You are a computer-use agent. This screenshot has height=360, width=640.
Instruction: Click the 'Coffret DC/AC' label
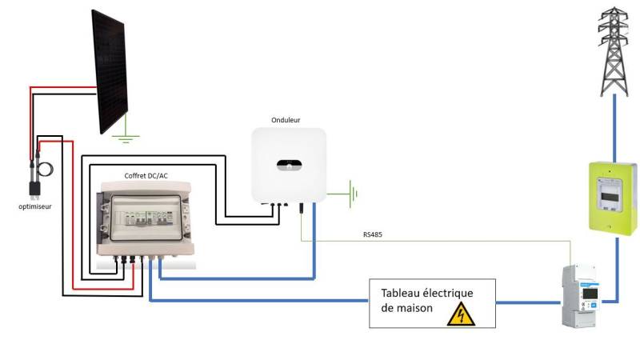point(146,175)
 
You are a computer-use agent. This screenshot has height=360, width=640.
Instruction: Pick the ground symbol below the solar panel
point(125,138)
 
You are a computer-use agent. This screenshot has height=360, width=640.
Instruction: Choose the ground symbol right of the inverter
point(350,193)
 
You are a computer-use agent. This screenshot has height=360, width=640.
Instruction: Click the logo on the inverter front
point(289,166)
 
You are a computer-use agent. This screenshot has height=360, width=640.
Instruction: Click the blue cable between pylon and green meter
point(614,124)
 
